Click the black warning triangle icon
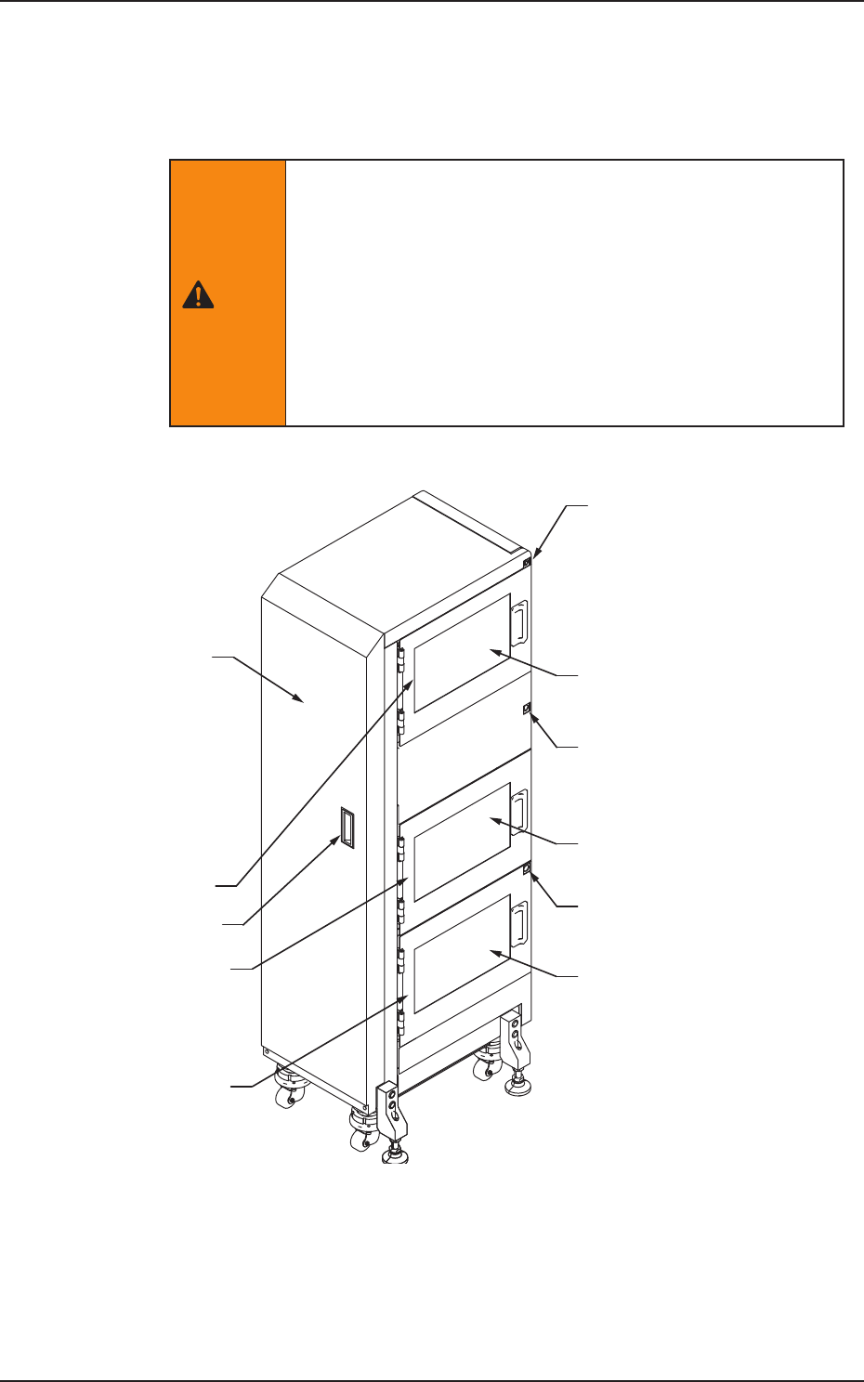tap(197, 295)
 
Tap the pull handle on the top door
tap(521, 619)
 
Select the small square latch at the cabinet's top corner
tap(527, 563)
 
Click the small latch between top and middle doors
tap(527, 709)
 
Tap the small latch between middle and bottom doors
tap(527, 870)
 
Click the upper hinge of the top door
tap(400, 661)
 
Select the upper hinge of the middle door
tap(400, 848)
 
